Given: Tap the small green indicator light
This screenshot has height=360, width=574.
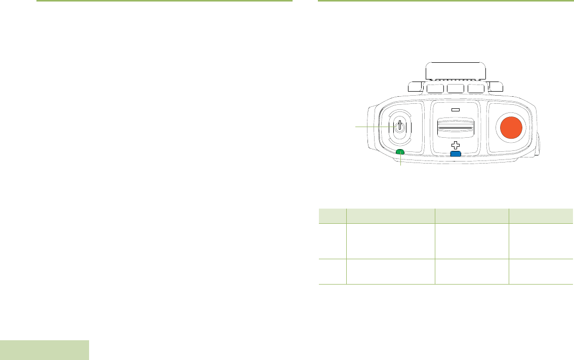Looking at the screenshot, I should click(x=400, y=152).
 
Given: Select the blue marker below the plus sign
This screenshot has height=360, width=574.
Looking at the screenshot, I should click(x=455, y=154).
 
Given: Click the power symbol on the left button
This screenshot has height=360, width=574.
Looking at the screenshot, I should click(x=399, y=127).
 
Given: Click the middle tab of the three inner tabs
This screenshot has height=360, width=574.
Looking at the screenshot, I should click(x=456, y=89).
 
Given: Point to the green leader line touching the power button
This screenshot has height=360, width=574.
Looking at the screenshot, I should click(x=372, y=127).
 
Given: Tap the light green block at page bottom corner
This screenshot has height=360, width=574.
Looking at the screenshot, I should click(x=45, y=350).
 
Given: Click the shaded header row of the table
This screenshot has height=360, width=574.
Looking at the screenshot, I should click(x=445, y=216).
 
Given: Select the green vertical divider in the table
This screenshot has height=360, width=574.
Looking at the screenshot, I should click(x=347, y=253).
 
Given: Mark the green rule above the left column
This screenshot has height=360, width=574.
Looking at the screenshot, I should click(x=165, y=1).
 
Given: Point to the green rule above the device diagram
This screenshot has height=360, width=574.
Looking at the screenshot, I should click(x=445, y=1).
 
